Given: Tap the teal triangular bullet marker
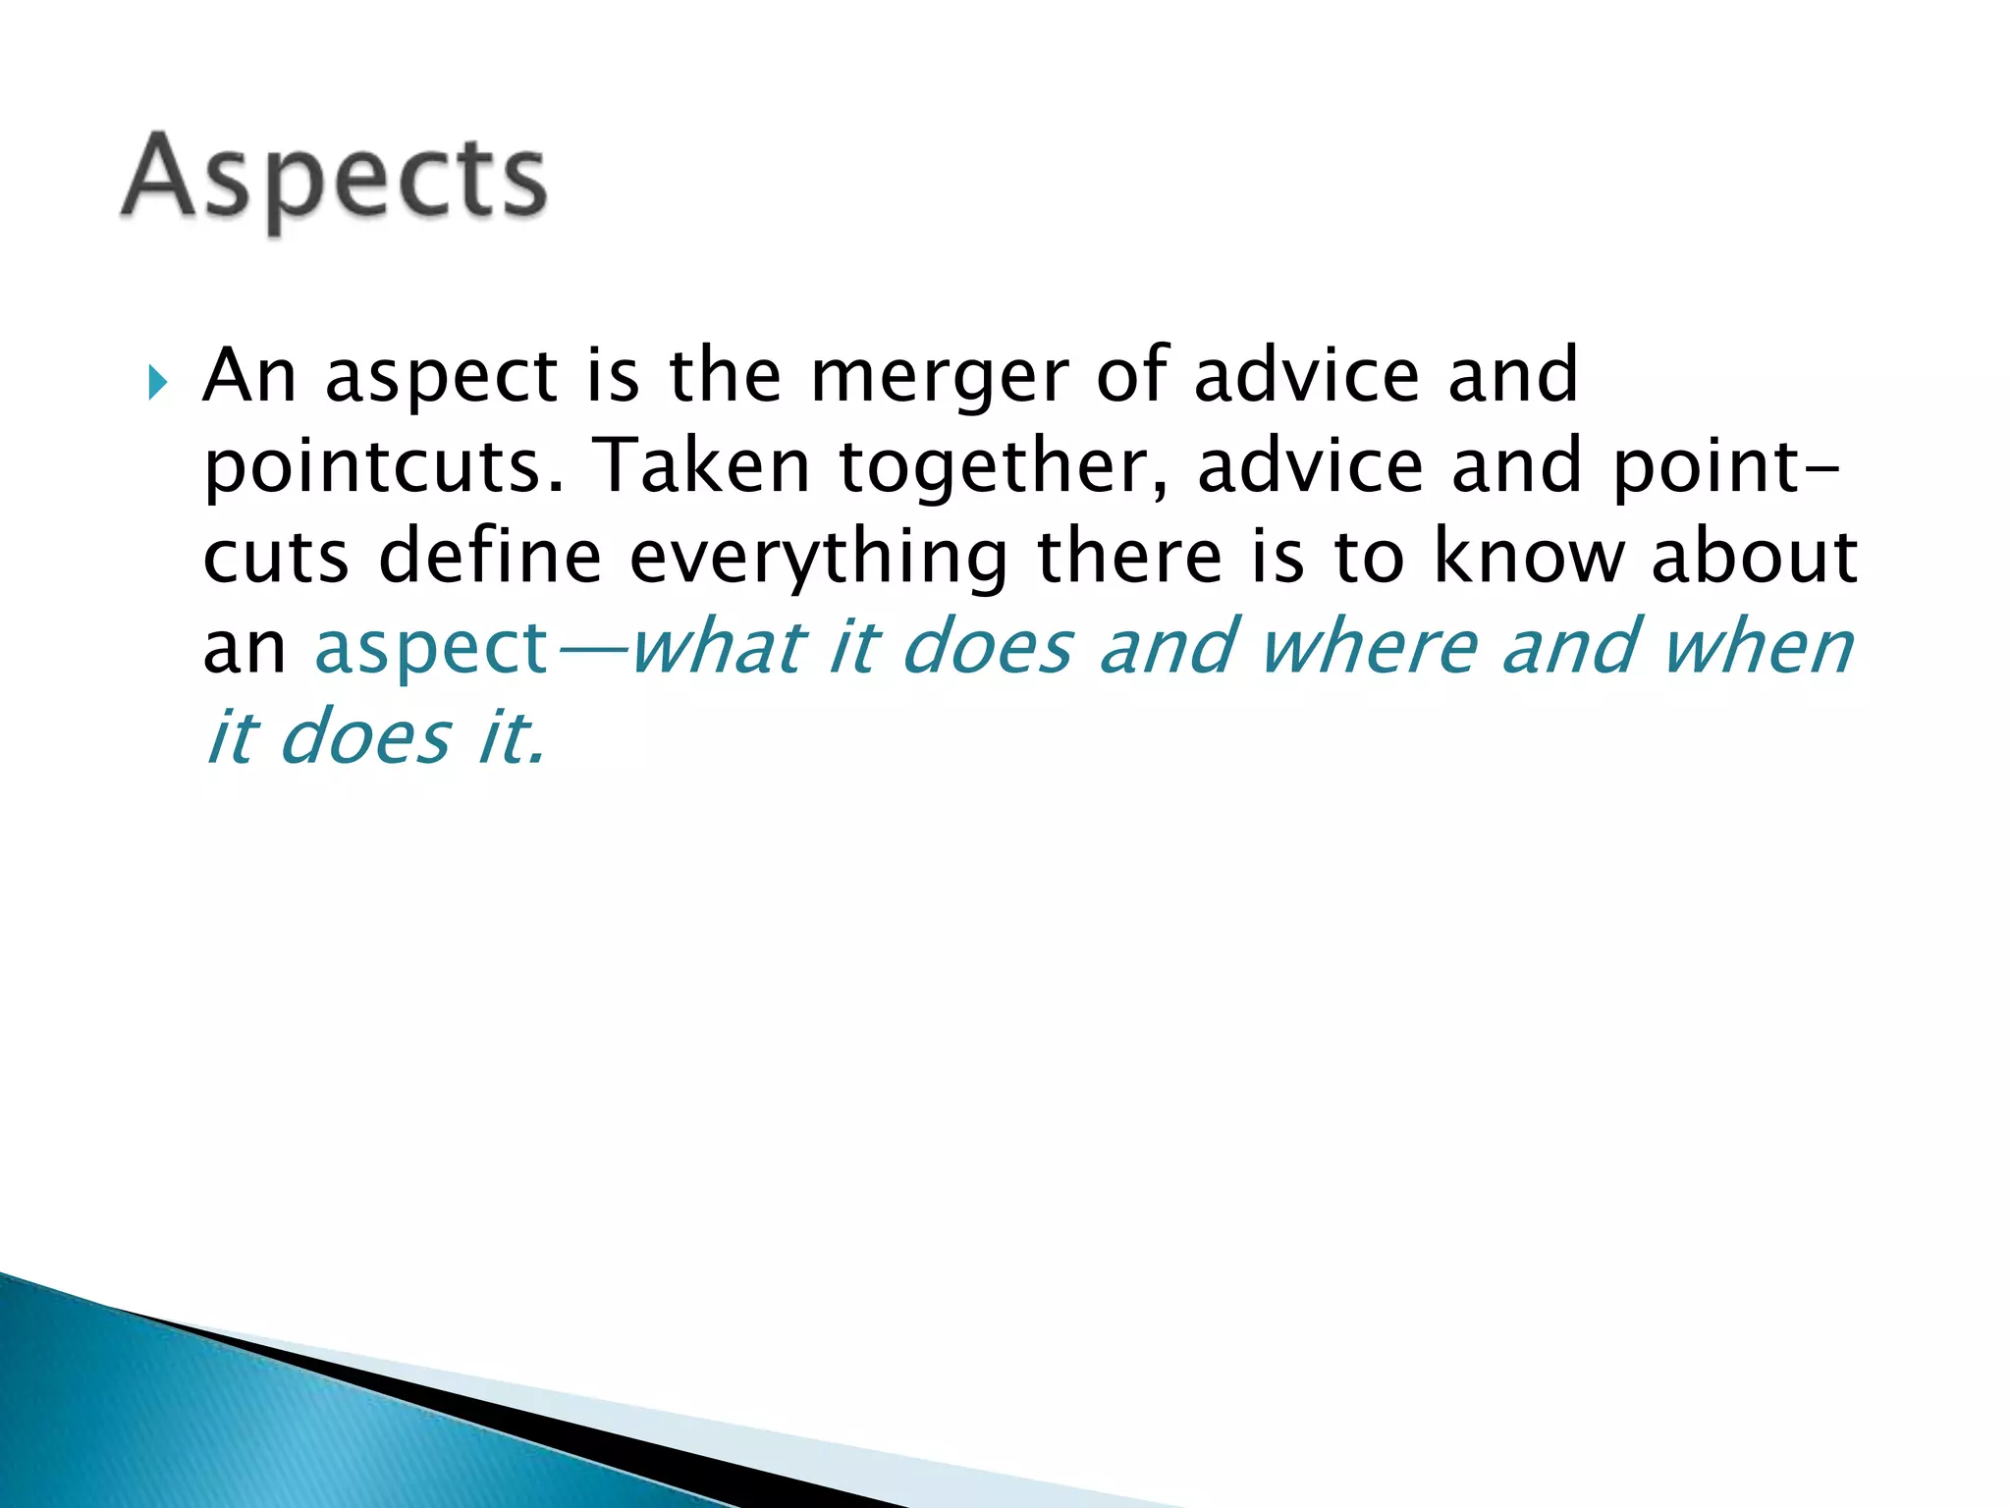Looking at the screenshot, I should [x=157, y=382].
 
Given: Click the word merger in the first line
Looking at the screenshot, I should [x=940, y=378].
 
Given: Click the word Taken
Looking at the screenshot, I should [x=702, y=466].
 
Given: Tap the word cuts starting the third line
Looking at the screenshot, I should [x=276, y=557].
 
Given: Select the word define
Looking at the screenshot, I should [x=490, y=557].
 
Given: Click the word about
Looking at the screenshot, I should [x=1755, y=557].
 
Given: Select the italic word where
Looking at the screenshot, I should [x=1368, y=648].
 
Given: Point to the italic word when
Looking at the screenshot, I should [x=1757, y=648].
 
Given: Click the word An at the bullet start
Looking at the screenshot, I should [x=249, y=376].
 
